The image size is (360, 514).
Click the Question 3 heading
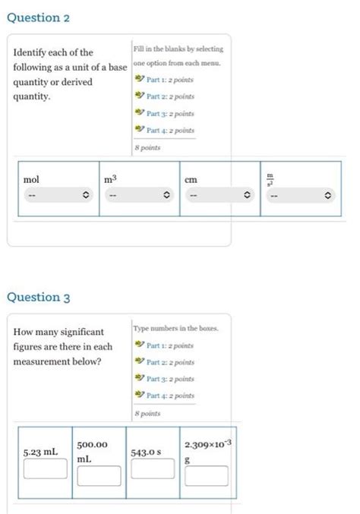(39, 297)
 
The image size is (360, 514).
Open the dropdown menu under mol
(58, 196)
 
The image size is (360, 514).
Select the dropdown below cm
(219, 196)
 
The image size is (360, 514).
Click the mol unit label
(31, 180)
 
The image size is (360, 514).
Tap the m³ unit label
(112, 179)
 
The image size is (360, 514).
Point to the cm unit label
(191, 180)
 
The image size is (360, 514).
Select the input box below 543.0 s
(152, 469)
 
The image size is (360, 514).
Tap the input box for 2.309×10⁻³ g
(204, 475)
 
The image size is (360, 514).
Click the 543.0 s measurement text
(146, 453)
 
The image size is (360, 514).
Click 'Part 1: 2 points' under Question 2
(170, 78)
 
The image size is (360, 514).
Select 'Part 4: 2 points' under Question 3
(170, 396)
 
